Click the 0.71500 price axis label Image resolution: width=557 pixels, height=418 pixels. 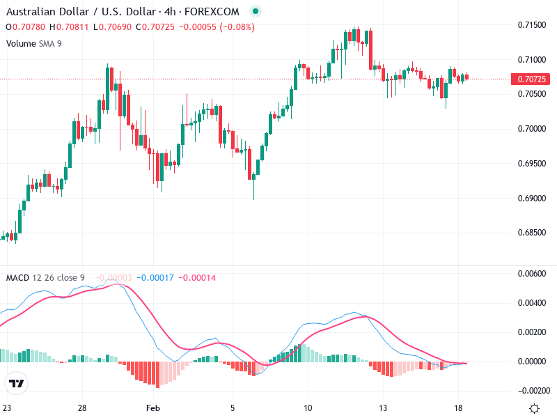coord(531,25)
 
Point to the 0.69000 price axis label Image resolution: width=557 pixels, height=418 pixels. coord(531,199)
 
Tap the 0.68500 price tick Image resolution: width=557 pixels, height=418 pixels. coord(531,233)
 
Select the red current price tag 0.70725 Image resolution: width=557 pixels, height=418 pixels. coord(532,79)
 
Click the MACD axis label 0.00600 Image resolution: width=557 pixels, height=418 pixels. coord(531,274)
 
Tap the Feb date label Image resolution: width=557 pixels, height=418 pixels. coord(155,408)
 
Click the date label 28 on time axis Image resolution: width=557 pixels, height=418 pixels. coord(82,408)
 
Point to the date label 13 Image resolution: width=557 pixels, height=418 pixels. coord(382,408)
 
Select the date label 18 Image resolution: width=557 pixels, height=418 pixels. coord(458,408)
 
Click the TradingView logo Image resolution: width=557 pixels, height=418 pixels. coord(16,383)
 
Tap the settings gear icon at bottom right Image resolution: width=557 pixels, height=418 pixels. coord(534,408)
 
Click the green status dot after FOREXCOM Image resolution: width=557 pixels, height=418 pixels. coord(255,12)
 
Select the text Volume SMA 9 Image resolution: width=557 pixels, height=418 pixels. coord(35,43)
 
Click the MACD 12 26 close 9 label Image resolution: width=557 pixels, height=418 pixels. coord(45,278)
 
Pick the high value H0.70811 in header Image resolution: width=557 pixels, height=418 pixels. coord(68,27)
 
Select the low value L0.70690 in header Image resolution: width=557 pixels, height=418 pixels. coord(111,27)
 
